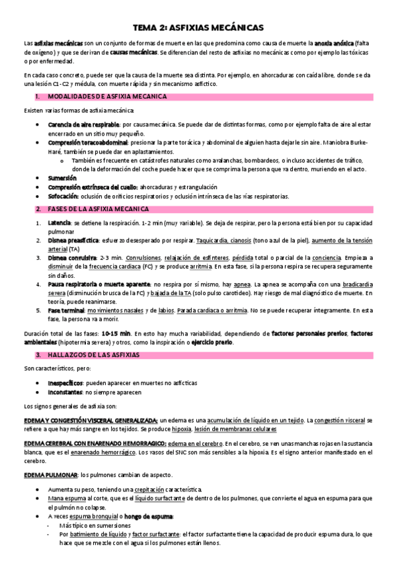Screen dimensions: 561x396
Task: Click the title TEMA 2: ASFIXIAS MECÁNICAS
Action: [198, 27]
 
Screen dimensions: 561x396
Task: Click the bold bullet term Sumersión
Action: [62, 178]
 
